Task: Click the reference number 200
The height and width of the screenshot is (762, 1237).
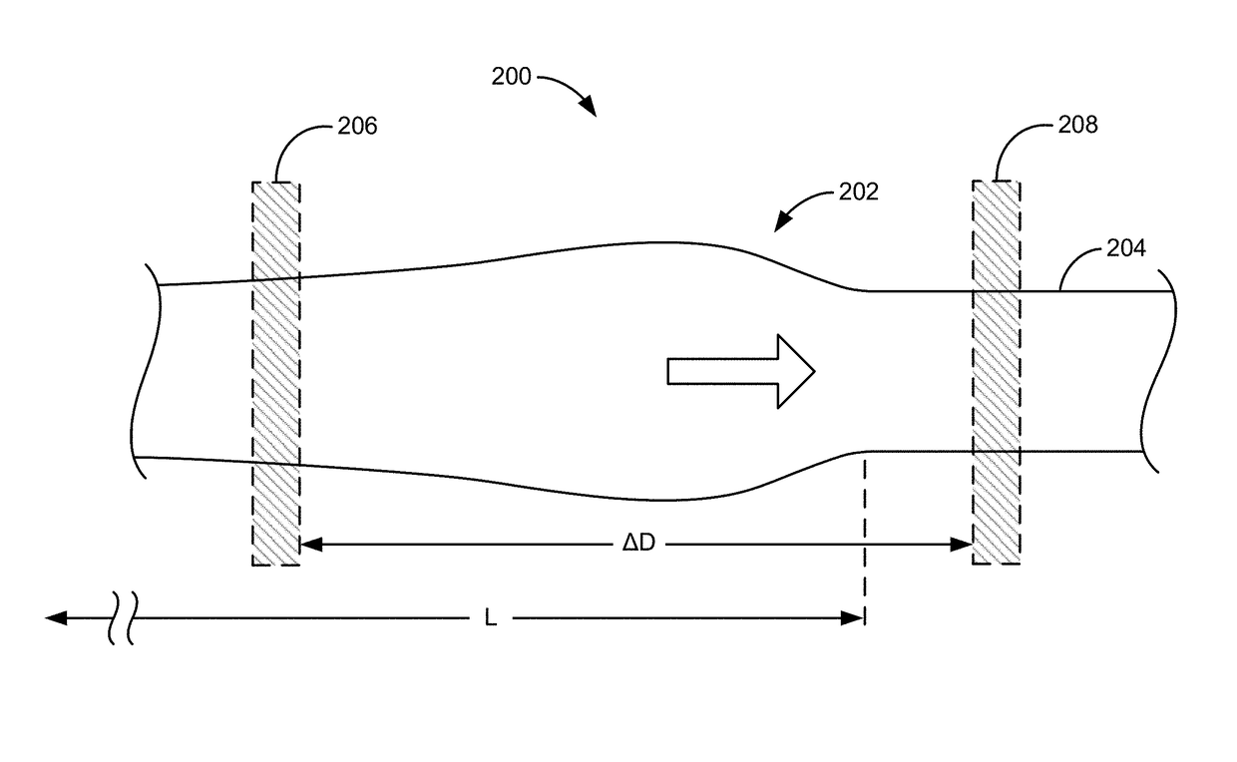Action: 512,77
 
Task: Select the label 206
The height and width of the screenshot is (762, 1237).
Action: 358,127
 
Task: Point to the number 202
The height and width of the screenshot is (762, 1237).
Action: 859,191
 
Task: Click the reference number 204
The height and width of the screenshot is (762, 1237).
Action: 1126,248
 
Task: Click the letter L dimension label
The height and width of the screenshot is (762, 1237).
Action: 490,619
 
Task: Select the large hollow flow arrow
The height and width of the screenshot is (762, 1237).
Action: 740,371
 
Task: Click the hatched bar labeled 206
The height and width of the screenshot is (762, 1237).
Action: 275,374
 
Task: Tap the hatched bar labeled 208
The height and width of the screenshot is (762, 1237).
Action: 997,374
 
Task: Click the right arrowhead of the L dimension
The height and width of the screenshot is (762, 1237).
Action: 854,618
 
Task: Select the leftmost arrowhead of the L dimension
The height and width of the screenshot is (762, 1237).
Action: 56,618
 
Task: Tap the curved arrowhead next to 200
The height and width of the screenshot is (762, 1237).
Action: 588,106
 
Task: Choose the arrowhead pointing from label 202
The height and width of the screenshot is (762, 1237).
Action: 782,222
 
